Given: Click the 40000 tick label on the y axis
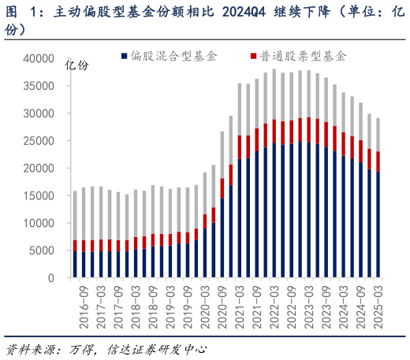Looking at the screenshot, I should pyautogui.click(x=38, y=58).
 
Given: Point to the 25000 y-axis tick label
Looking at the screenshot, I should pyautogui.click(x=38, y=141).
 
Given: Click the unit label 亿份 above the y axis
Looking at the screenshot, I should pyautogui.click(x=76, y=65).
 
